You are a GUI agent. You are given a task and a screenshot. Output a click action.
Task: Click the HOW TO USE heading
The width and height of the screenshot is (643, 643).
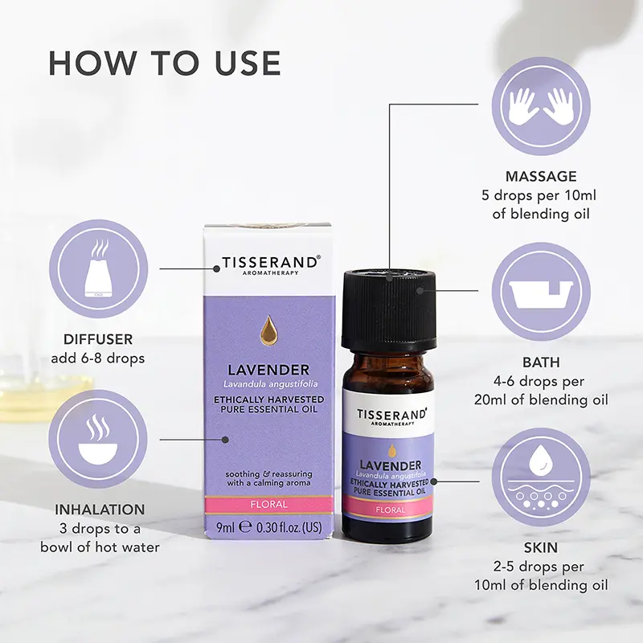tap(165, 63)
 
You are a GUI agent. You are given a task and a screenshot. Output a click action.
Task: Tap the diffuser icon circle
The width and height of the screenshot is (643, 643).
tap(99, 268)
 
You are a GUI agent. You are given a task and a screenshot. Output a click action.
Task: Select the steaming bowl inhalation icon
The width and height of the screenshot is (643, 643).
tap(99, 440)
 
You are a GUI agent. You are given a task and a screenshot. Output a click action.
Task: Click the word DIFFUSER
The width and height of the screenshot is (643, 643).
tap(99, 340)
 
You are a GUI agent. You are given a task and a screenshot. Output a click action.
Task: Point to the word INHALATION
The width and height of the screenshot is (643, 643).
tap(100, 510)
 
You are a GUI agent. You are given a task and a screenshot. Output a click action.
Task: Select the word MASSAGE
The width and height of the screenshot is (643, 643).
tap(541, 176)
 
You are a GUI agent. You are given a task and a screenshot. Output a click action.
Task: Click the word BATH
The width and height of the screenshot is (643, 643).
tap(541, 362)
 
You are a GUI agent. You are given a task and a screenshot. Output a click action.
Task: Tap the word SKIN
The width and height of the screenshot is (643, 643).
tap(541, 547)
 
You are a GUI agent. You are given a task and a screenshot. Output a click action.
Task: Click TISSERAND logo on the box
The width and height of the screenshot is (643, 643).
tap(268, 263)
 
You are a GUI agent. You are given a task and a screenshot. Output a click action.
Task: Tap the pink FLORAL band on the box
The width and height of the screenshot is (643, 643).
tap(268, 505)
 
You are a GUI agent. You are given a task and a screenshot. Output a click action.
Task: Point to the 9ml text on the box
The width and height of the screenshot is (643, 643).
tap(226, 528)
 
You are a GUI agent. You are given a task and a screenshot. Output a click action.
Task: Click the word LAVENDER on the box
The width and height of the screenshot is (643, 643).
tap(268, 370)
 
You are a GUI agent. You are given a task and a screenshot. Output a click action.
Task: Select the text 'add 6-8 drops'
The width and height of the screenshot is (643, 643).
tap(99, 358)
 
